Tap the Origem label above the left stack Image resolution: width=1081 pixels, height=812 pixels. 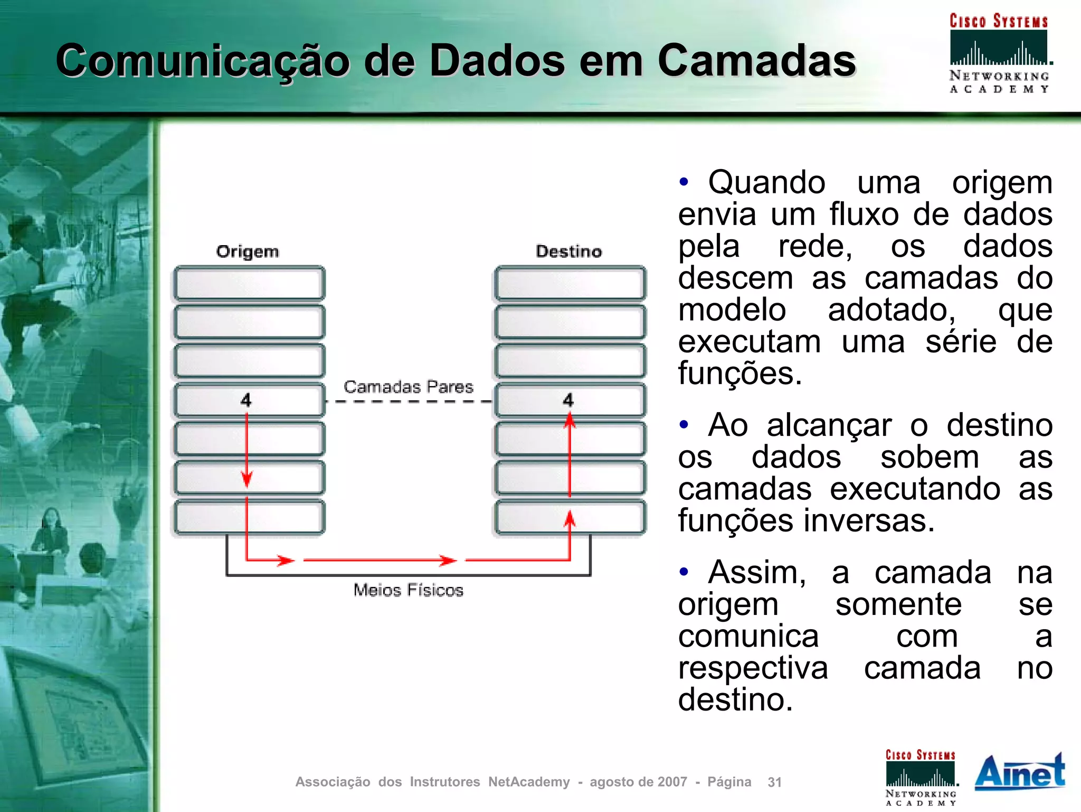pos(247,251)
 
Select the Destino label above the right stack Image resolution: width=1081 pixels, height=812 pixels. pos(568,251)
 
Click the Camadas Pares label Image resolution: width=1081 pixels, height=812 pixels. pos(408,387)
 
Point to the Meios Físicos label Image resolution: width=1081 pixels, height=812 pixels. pos(408,590)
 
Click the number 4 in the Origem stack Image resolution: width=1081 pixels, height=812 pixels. pos(246,400)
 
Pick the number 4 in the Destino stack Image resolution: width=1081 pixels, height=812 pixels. pos(568,400)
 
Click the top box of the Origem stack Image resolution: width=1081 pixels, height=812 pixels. pos(249,283)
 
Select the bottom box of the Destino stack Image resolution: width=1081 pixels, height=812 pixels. pos(570,517)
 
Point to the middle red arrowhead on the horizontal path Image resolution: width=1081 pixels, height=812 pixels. pos(448,560)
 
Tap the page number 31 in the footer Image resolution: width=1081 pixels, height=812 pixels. pos(774,782)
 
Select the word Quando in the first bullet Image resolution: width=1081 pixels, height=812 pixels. pos(766,183)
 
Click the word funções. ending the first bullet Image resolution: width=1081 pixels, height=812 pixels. pos(739,373)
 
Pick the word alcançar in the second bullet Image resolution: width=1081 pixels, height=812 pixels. pos(829,425)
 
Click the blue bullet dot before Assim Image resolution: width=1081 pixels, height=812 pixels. pos(684,572)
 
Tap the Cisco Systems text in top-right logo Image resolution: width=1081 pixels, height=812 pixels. pos(998,21)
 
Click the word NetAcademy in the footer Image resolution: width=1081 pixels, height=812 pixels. pos(528,782)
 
